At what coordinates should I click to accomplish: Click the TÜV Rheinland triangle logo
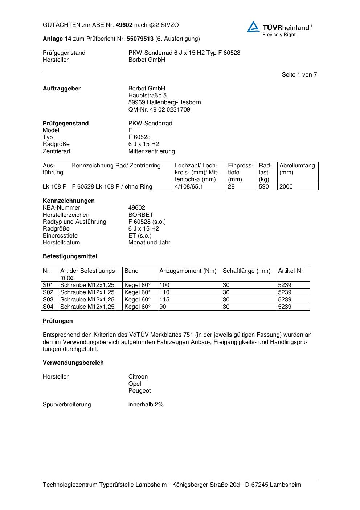(253, 27)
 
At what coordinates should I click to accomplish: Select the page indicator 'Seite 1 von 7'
(299, 75)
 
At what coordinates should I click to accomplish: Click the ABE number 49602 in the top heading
(124, 25)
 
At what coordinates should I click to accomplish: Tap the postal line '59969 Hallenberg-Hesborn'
(164, 102)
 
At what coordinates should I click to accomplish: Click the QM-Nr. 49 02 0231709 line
(159, 109)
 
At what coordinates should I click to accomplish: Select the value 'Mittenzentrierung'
(151, 151)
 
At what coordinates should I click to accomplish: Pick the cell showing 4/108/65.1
(189, 187)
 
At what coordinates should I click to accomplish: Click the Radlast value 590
(263, 187)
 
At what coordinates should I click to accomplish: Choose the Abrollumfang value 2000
(286, 187)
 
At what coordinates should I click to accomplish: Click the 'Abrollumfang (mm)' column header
(297, 169)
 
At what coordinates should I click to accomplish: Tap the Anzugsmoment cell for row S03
(164, 300)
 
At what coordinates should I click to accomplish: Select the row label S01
(48, 285)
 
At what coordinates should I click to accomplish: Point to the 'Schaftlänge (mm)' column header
(246, 271)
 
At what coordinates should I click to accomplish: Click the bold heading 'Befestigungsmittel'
(70, 256)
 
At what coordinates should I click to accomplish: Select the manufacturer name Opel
(135, 384)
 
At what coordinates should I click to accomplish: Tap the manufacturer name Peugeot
(139, 391)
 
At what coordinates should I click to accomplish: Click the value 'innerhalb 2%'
(146, 405)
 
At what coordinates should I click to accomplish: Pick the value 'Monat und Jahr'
(149, 243)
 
